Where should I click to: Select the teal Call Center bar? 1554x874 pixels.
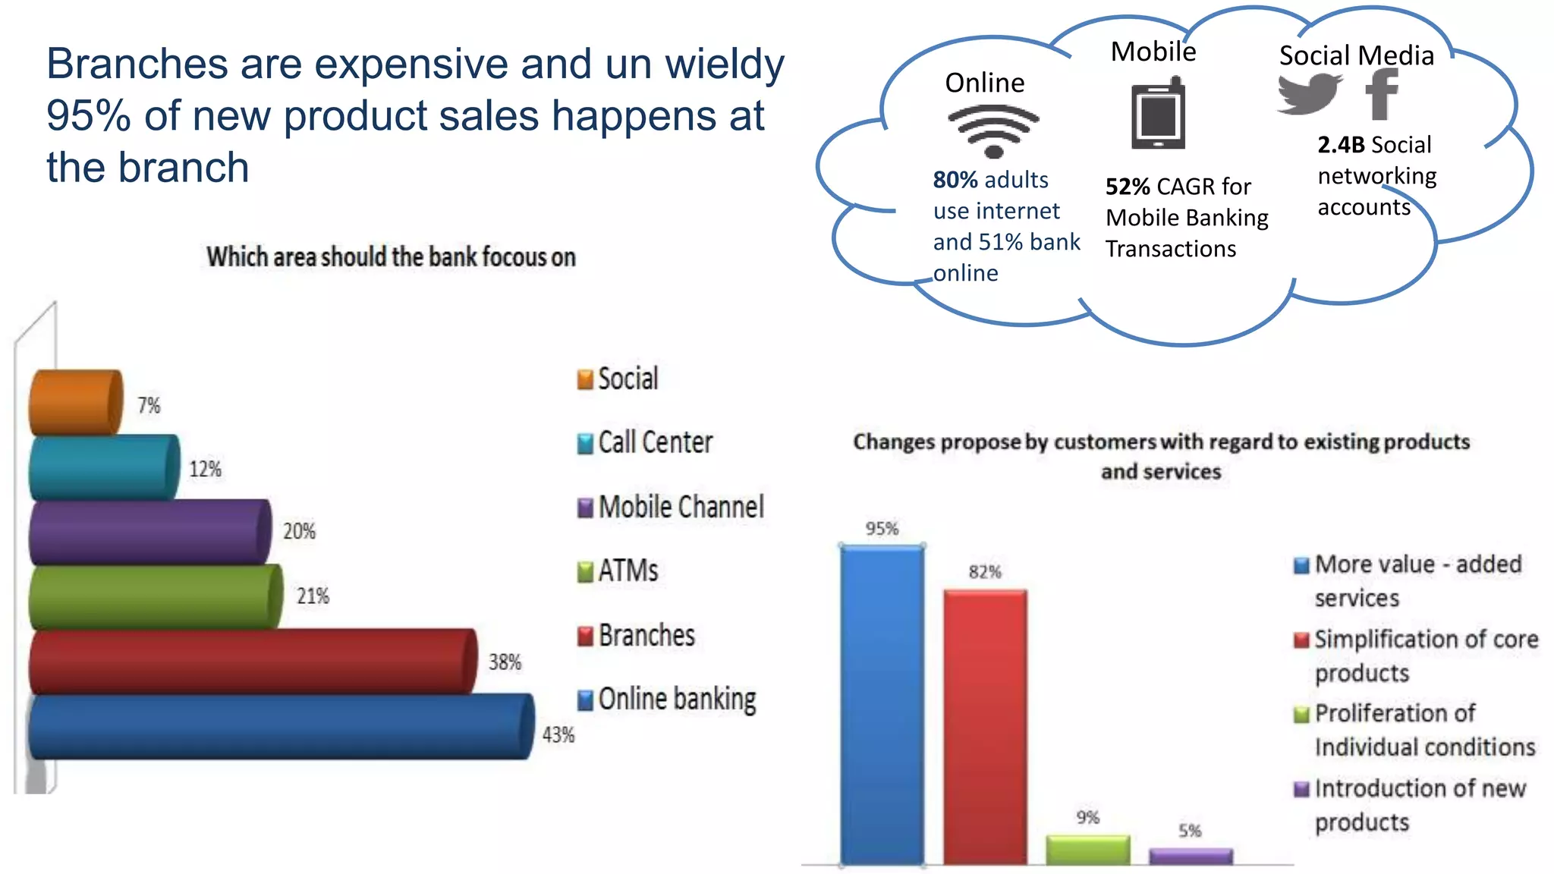[104, 467]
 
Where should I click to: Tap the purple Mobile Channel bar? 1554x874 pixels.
[149, 532]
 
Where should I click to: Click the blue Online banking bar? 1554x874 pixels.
[281, 727]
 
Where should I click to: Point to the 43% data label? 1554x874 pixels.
[558, 734]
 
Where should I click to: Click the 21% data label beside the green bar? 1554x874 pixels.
[313, 596]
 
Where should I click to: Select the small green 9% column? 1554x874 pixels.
[1087, 850]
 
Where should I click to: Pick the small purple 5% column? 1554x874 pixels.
[1191, 857]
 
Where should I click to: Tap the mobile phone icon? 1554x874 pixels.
[1158, 114]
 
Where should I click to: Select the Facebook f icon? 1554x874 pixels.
[1382, 94]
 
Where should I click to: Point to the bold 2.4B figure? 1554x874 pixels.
[1341, 145]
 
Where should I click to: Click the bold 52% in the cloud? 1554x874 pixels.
[1128, 187]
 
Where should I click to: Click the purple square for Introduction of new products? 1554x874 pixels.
[1301, 790]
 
